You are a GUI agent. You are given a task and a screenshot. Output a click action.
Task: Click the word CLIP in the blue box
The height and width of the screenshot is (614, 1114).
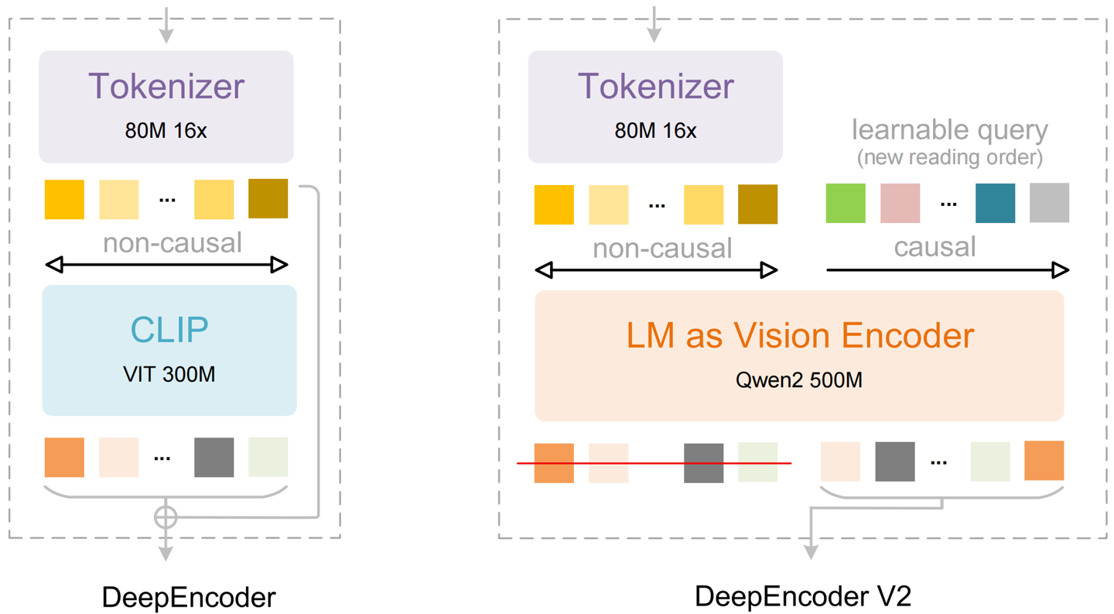pos(169,330)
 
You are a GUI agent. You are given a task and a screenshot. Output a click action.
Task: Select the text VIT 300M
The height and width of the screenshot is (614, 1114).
pos(169,375)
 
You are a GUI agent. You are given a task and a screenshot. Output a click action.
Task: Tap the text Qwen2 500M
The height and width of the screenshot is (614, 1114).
pos(799,380)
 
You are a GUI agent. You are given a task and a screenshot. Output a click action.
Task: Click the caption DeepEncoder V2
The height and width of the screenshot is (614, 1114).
pos(803,596)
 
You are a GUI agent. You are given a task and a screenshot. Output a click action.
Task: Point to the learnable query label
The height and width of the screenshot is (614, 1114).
pos(949,130)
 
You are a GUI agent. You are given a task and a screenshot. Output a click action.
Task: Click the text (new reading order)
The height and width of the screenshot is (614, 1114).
pos(949,158)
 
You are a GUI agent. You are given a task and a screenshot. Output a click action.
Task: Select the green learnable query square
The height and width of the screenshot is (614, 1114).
pos(846,203)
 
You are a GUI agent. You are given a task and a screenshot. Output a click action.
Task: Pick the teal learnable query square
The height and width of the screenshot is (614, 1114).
pos(995,203)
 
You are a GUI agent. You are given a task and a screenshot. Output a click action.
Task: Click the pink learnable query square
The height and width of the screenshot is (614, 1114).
pos(900,203)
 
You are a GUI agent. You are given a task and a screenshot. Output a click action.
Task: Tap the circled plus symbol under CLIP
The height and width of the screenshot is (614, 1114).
pos(166,516)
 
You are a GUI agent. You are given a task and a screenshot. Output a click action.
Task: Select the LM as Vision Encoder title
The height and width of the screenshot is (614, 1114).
pos(799,335)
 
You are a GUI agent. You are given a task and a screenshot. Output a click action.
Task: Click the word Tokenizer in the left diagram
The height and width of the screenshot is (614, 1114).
pos(166,85)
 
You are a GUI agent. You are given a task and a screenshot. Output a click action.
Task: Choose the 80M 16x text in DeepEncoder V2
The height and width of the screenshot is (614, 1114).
pos(655,131)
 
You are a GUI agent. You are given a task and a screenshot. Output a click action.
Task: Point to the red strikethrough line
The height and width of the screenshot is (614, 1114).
pos(654,463)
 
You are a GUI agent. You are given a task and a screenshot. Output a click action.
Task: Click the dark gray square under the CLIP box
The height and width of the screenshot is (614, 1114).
pos(214,457)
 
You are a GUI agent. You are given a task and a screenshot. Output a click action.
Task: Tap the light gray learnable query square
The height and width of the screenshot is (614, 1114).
pos(1049,203)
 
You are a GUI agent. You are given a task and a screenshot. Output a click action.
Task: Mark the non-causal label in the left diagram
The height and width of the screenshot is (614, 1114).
pos(173,243)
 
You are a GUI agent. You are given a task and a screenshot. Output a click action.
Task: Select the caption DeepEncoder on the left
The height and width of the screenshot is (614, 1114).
pos(188,598)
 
